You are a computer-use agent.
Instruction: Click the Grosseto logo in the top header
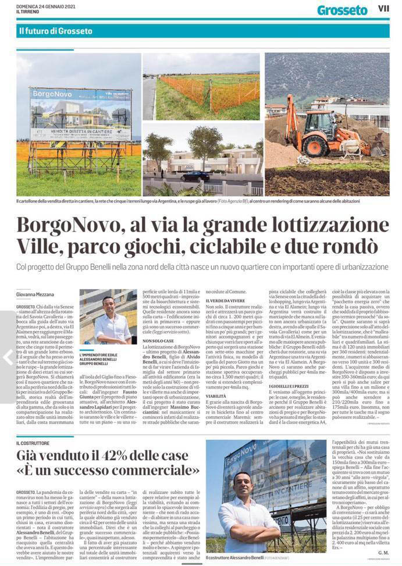pos(342,10)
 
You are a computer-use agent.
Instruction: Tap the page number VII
pos(383,9)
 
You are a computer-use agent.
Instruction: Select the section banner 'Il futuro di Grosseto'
pos(55,31)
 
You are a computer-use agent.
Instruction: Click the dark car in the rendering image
pos(195,176)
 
